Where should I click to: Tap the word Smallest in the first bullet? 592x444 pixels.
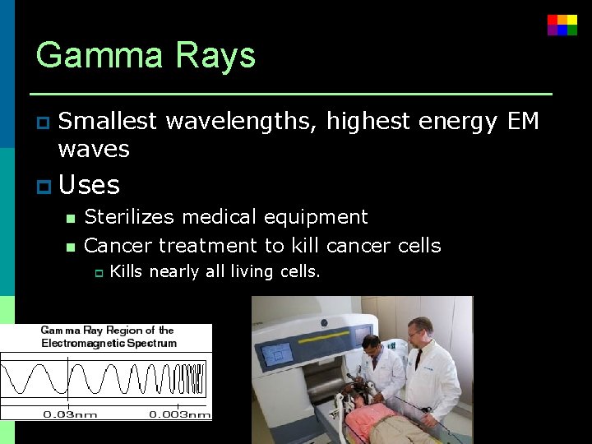click(x=108, y=122)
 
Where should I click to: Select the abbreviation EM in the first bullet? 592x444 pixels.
click(x=523, y=122)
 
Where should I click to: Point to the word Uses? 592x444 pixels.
click(x=90, y=185)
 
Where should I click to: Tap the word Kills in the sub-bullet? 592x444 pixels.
click(x=126, y=271)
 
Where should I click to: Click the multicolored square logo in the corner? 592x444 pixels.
click(x=562, y=25)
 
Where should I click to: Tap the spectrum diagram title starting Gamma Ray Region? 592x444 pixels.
click(x=109, y=336)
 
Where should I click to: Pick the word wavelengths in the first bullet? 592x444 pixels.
click(x=240, y=122)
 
